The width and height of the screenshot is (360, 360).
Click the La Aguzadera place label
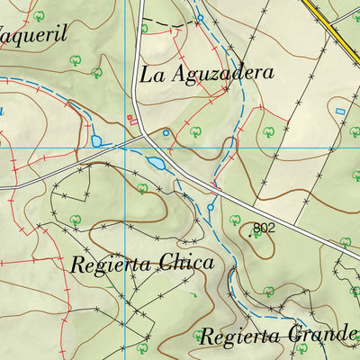click(206, 73)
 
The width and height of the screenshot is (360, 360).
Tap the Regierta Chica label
click(141, 264)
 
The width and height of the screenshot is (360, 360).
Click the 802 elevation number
click(263, 229)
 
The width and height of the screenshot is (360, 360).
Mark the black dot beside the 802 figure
click(250, 235)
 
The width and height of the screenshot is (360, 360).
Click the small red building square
click(130, 118)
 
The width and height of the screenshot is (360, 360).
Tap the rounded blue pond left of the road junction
click(96, 141)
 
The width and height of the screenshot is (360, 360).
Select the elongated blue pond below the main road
click(157, 163)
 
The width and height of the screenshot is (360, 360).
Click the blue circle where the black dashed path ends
click(201, 18)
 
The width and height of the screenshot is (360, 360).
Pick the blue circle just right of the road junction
click(166, 133)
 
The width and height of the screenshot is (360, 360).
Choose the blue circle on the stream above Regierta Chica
click(211, 207)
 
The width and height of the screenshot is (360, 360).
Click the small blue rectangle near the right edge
click(340, 111)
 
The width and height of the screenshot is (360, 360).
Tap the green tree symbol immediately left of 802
click(236, 220)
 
